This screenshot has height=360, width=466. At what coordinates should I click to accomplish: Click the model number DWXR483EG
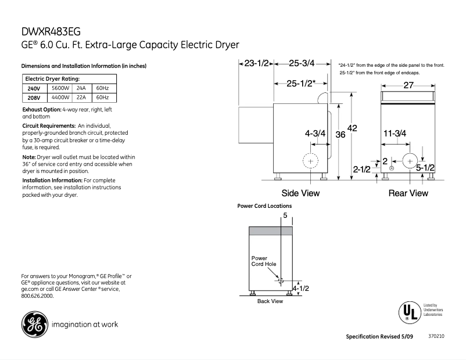pos(49,33)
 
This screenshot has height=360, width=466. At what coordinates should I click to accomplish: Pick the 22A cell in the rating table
pos(81,98)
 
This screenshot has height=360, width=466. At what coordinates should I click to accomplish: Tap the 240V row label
pos(34,88)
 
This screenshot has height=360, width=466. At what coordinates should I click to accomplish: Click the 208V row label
pos(34,98)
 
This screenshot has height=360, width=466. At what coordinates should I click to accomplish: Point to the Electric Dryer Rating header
pos(52,78)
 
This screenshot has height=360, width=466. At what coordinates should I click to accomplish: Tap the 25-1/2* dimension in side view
pos(300,84)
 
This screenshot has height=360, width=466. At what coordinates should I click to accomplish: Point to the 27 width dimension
pos(408,85)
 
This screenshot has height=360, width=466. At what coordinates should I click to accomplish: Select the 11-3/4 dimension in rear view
pos(395,134)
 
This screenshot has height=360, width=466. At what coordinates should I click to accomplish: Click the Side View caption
pos(300,193)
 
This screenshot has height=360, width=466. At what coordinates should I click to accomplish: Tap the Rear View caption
pos(408,193)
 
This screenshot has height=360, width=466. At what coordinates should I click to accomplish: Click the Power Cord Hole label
pos(263,261)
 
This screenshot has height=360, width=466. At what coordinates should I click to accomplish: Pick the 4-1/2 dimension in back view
pos(300,288)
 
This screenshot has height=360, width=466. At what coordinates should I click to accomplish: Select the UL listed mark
pos(409,312)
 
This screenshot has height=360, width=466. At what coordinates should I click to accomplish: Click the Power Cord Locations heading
pos(265,206)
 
